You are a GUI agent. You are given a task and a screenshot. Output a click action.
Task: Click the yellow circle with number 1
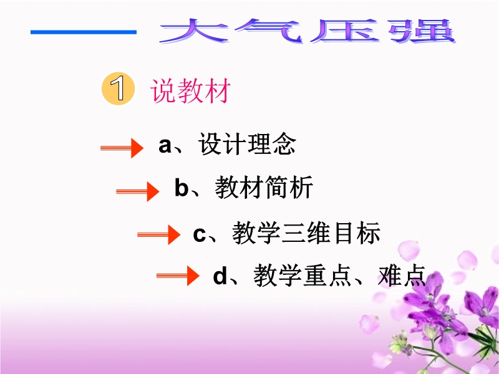coord(118,89)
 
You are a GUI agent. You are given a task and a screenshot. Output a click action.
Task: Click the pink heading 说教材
coord(190,91)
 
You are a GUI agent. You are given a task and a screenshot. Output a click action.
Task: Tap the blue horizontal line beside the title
coord(84,32)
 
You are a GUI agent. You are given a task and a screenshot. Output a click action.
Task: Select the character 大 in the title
coord(194,31)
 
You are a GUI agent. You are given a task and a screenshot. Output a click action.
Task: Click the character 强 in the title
coord(422,31)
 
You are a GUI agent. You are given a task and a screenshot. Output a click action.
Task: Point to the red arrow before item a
coord(122,148)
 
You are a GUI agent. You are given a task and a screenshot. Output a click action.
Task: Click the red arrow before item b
coord(137,191)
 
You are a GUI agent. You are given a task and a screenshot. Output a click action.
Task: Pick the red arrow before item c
coord(158,235)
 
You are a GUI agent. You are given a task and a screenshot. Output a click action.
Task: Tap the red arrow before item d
coord(178,276)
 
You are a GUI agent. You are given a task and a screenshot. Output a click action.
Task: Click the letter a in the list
coord(165,146)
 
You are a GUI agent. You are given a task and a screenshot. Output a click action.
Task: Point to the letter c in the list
coord(199,235)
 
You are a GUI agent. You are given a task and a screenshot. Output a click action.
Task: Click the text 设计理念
coord(247,144)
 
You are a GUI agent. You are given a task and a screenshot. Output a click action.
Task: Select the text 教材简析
coord(264,188)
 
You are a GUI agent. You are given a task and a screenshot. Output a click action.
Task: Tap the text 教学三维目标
coord(306,233)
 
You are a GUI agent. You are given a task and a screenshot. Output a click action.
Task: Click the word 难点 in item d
coord(402,275)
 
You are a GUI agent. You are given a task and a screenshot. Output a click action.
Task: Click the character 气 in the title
coord(269,31)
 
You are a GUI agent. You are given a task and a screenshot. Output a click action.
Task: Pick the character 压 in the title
coord(346,31)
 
